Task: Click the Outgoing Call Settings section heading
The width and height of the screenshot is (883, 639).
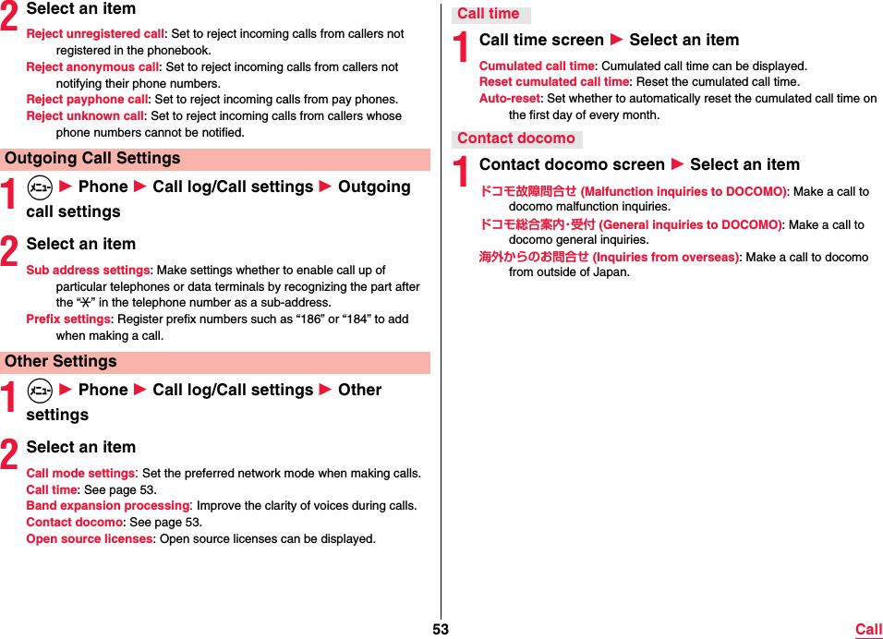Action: pos(92,159)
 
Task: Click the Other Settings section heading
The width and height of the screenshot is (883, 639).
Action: pos(61,362)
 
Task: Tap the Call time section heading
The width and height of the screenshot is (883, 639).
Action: pos(489,14)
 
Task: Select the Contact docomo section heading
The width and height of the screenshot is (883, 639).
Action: pos(516,139)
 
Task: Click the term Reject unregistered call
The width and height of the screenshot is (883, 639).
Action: pos(95,34)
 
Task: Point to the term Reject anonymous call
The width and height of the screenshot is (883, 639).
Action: pos(92,67)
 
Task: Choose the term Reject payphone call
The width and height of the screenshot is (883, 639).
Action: pos(87,100)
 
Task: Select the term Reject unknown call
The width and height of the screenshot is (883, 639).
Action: pos(85,116)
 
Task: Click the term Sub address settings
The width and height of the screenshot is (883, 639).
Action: pos(88,271)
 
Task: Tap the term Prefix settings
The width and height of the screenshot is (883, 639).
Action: pos(68,319)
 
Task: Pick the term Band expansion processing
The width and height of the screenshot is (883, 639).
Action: pos(108,506)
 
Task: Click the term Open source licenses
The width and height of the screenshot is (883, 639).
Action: pos(90,539)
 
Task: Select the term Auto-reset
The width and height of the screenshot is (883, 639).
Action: pos(509,99)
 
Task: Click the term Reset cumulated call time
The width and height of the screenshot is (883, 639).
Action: pos(553,82)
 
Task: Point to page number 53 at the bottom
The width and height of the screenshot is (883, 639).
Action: pos(441,630)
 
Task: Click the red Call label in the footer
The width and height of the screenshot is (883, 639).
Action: pos(868,630)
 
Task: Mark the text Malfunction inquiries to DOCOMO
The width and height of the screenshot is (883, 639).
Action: pos(683,192)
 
